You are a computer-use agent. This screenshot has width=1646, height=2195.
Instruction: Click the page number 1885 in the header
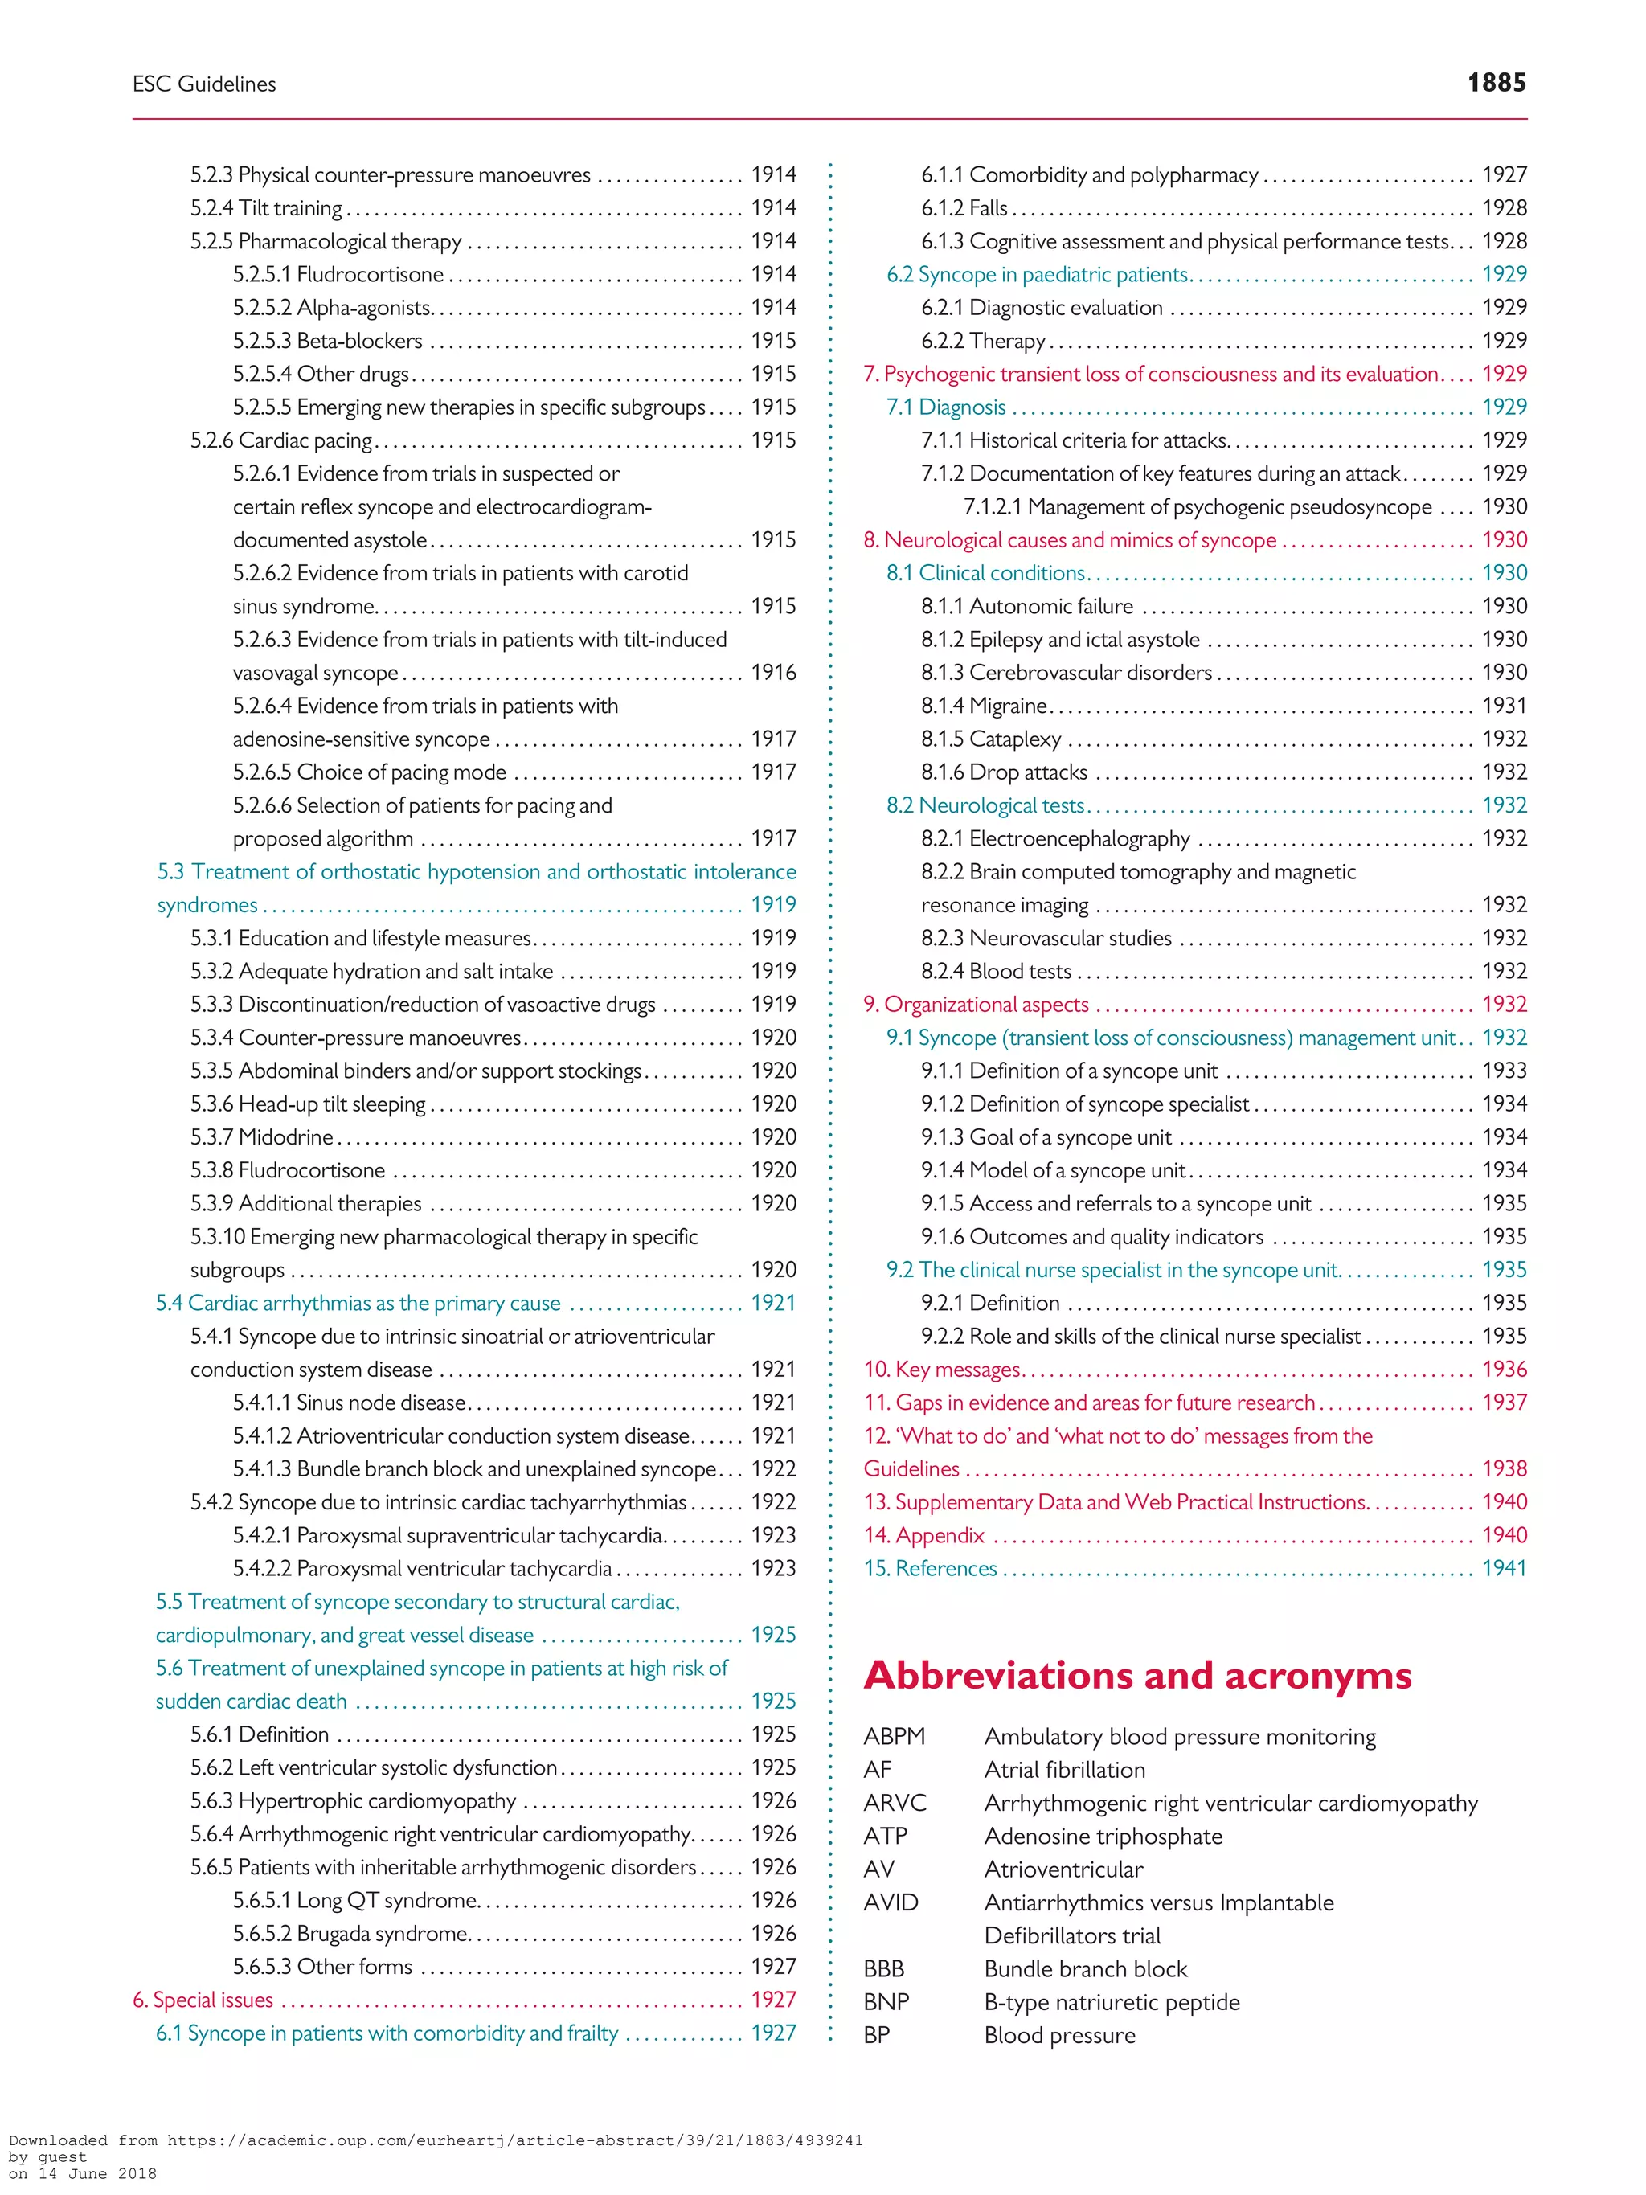pyautogui.click(x=1497, y=84)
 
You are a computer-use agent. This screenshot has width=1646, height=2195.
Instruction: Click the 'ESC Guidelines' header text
pyautogui.click(x=204, y=84)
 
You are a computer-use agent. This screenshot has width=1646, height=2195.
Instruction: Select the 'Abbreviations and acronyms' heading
pyautogui.click(x=1137, y=1676)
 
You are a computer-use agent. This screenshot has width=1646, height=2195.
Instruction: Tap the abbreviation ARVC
pyautogui.click(x=895, y=1803)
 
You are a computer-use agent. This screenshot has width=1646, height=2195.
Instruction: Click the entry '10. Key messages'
pyautogui.click(x=942, y=1370)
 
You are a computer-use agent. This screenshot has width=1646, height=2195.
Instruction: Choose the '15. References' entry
pyautogui.click(x=931, y=1569)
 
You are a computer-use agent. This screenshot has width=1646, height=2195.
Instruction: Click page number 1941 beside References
pyautogui.click(x=1504, y=1569)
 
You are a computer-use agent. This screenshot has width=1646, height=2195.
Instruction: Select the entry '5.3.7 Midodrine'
pyautogui.click(x=262, y=1137)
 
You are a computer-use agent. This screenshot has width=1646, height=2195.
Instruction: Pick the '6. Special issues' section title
pyautogui.click(x=203, y=2000)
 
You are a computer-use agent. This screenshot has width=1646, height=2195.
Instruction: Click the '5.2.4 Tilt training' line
pyautogui.click(x=266, y=208)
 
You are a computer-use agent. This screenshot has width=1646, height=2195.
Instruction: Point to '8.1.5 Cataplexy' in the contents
pyautogui.click(x=991, y=739)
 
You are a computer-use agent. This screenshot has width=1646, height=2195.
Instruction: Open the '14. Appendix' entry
pyautogui.click(x=923, y=1536)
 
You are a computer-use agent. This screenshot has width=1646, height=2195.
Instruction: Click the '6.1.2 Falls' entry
pyautogui.click(x=964, y=208)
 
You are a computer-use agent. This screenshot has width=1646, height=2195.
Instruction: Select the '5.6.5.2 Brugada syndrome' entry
pyautogui.click(x=350, y=1934)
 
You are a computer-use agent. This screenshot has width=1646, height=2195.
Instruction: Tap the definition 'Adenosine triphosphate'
pyautogui.click(x=1103, y=1837)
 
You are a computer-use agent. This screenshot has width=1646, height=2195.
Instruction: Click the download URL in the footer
pyautogui.click(x=436, y=2140)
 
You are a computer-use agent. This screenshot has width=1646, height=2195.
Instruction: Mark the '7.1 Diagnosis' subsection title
pyautogui.click(x=947, y=407)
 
